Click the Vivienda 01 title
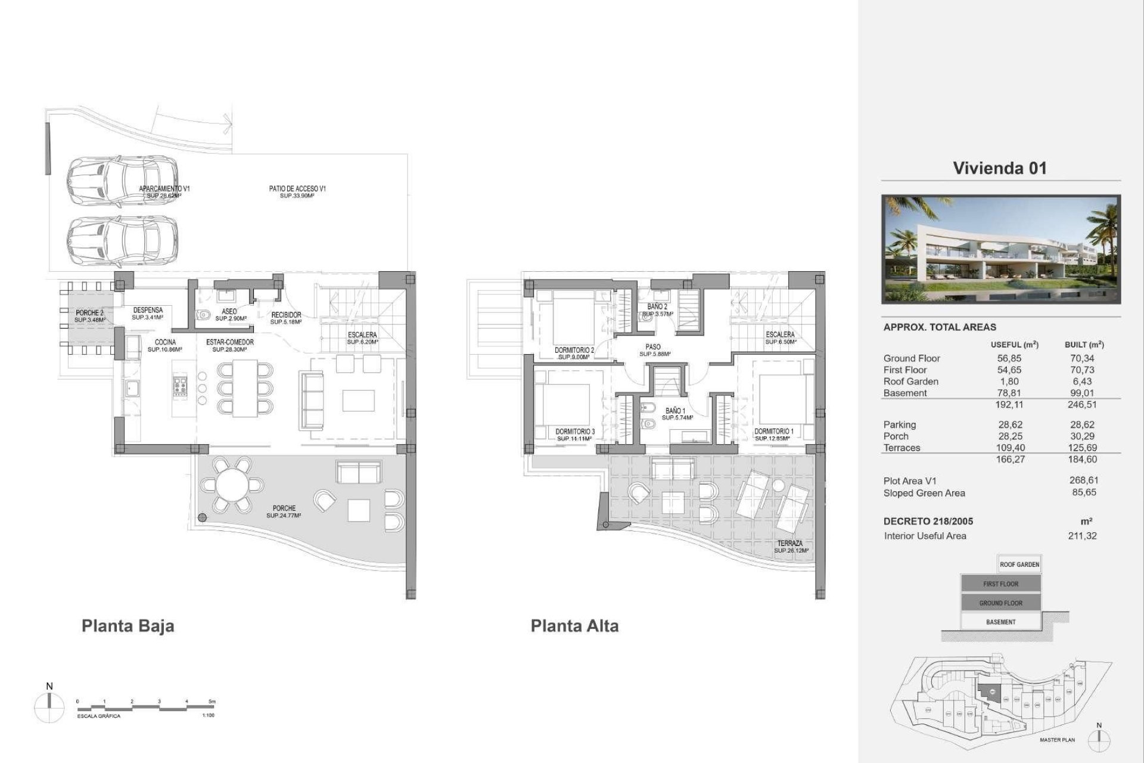coord(999,168)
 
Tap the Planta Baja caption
coord(128,626)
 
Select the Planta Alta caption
coord(574,626)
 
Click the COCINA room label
coord(165,342)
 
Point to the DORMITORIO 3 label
coord(574,432)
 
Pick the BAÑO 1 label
coord(676,411)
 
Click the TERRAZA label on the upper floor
coord(789,544)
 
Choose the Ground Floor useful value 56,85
coord(1009,358)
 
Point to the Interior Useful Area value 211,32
coord(1082,536)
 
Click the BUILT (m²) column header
coord(1084,345)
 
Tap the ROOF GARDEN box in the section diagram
coord(1019,565)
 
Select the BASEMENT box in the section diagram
coord(1000,622)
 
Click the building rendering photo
coord(1001,250)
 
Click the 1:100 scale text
coord(208,715)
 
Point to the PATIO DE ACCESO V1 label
coord(297,189)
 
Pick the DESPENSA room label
coord(148,310)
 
